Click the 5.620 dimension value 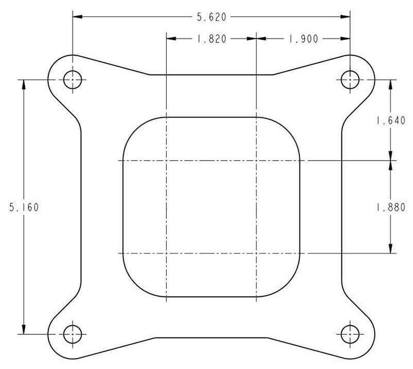(211, 17)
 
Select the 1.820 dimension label (211, 39)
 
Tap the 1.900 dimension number (303, 39)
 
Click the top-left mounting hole (72, 79)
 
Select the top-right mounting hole (351, 79)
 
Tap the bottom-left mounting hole (72, 334)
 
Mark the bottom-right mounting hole (351, 334)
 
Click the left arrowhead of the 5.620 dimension (77, 17)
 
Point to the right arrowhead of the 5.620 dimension (345, 17)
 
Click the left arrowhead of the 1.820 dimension (171, 39)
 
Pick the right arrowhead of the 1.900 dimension (345, 39)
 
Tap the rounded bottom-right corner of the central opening (291, 287)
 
